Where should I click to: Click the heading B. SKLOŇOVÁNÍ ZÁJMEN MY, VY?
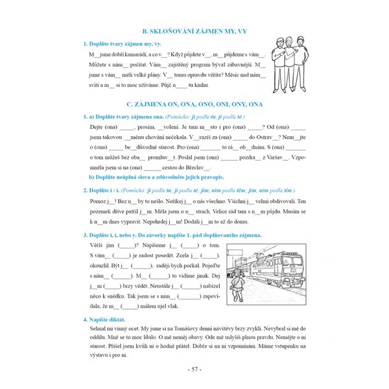tap(194, 31)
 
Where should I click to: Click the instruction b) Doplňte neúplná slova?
tap(156, 176)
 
